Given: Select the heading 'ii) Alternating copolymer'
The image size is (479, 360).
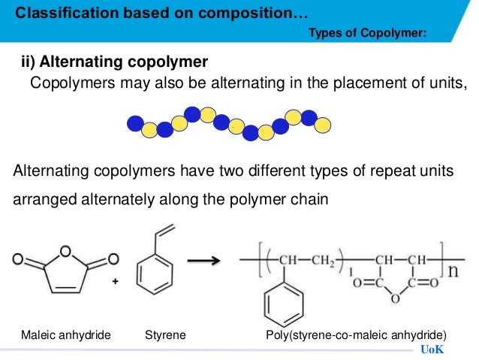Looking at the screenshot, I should tap(113, 62).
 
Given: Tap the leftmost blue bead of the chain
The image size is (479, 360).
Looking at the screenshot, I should tap(135, 122).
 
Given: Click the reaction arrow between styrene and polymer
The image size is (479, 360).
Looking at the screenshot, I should tap(203, 261).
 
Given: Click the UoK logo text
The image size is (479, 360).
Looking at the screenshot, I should tap(432, 350).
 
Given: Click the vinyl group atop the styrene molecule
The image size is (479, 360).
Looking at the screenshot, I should tap(166, 231).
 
